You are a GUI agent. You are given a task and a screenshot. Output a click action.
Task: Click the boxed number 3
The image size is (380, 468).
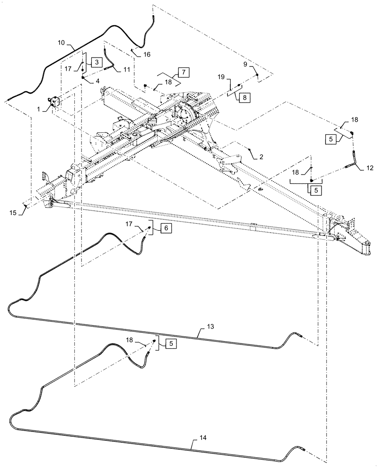95,62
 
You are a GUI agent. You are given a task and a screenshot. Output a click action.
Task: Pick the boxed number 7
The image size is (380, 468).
183,72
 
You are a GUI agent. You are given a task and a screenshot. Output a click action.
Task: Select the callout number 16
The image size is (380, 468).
146,54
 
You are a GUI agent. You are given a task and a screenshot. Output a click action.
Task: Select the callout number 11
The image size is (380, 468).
126,69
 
